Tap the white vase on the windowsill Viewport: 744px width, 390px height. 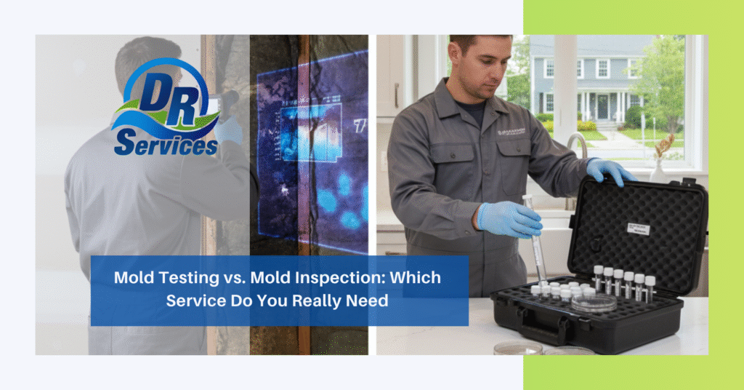pos(658,170)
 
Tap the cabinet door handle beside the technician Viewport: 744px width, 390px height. pos(396,95)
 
